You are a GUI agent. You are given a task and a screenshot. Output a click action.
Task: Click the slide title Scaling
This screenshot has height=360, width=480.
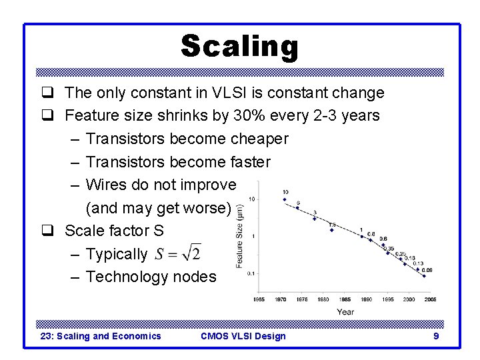239,47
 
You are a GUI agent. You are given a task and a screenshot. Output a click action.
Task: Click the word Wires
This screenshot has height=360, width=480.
108,185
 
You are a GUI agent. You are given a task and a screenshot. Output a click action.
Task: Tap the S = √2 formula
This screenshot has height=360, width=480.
177,254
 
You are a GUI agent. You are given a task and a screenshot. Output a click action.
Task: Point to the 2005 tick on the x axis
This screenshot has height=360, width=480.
430,300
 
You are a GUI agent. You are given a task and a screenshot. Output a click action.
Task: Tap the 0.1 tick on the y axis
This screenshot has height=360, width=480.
251,273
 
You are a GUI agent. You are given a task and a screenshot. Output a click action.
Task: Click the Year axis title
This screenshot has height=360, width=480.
345,311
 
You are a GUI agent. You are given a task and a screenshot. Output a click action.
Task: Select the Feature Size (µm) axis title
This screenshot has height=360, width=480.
239,237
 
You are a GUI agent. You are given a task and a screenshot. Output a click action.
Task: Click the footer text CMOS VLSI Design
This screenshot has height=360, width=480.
243,336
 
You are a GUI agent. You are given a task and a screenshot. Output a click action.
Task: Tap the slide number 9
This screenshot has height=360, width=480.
436,336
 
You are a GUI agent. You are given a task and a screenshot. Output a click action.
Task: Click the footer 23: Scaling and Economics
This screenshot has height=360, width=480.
101,336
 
